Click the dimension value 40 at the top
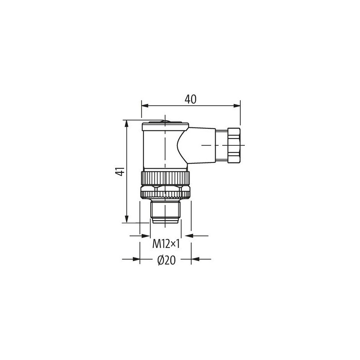coord(190,99)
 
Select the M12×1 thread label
coord(166,244)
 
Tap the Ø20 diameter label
coord(166,261)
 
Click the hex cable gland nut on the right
coord(234,145)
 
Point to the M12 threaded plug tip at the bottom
coord(166,213)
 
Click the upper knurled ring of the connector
coord(166,176)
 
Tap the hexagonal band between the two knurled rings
coord(166,185)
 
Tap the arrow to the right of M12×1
coord(189,235)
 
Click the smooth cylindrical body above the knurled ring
coord(155,148)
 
